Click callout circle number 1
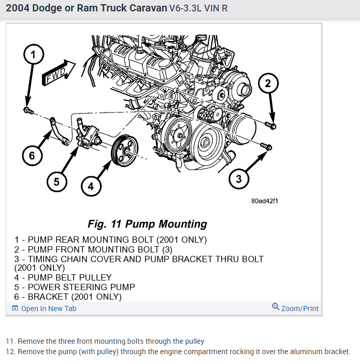click(33, 54)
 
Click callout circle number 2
click(268, 83)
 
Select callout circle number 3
click(239, 179)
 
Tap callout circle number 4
click(91, 186)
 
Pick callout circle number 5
click(57, 181)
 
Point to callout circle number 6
click(32, 156)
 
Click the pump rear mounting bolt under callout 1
click(28, 110)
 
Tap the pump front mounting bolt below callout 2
click(270, 125)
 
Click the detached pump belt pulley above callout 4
click(125, 151)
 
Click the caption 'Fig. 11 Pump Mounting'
click(148, 224)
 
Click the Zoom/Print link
click(295, 308)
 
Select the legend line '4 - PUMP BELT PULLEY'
click(63, 277)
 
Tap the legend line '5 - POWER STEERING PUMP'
click(75, 287)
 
